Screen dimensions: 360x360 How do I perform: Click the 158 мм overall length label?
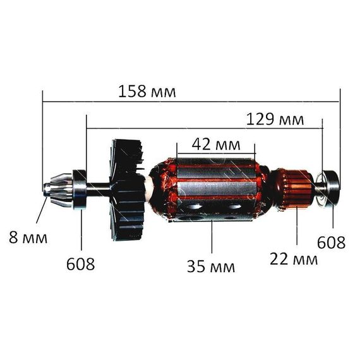[x=147, y=92]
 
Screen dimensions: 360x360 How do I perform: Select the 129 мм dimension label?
[x=275, y=119]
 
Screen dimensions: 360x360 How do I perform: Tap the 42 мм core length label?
[x=216, y=145]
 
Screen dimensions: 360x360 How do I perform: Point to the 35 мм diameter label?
[x=211, y=267]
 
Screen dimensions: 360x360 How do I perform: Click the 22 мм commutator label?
[x=294, y=259]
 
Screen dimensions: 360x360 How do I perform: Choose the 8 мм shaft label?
[x=28, y=237]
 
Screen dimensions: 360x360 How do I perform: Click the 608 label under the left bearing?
[x=80, y=264]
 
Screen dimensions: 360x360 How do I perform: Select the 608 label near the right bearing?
[x=331, y=243]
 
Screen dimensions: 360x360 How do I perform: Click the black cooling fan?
[x=127, y=189]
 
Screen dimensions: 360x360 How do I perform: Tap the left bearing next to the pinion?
[x=80, y=189]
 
